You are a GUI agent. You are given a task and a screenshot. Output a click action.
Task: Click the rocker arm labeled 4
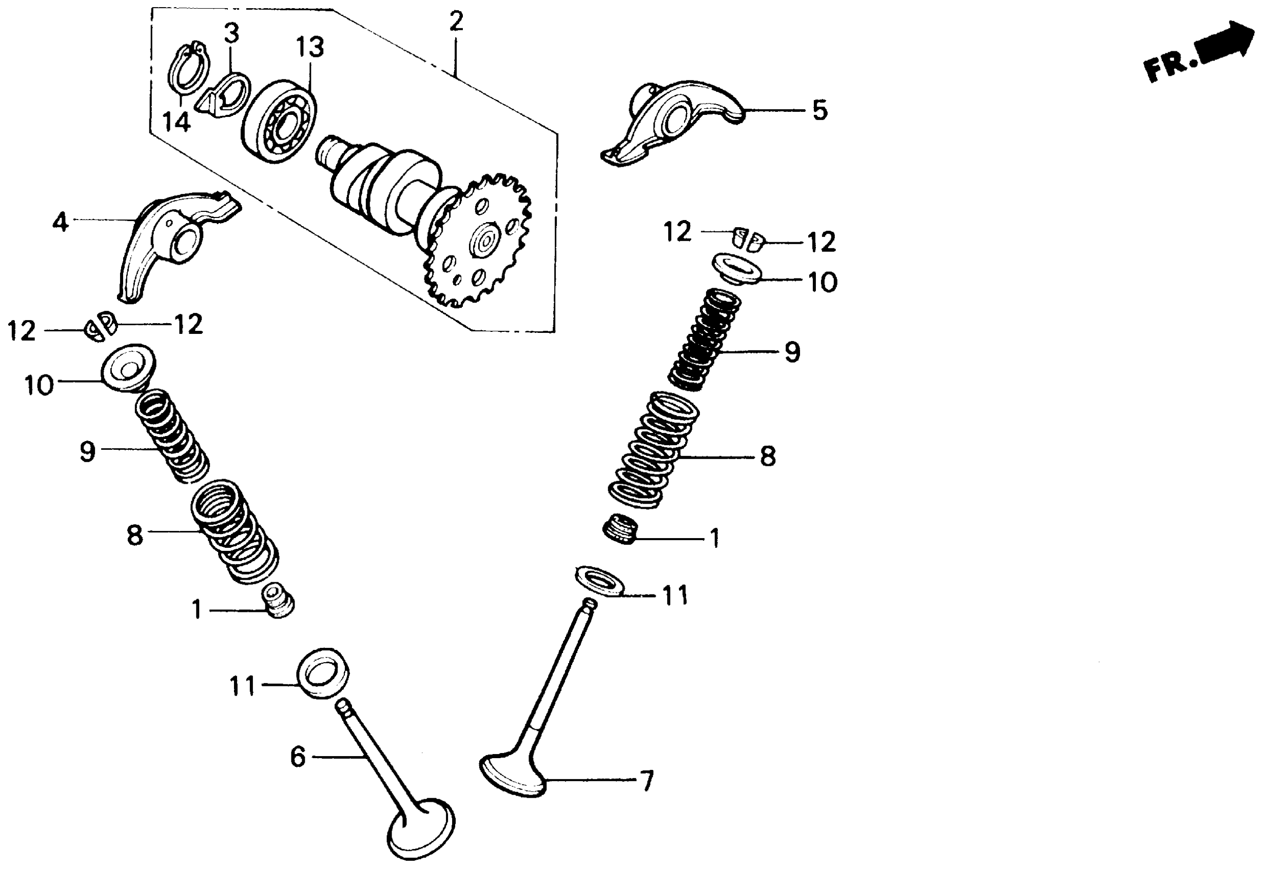coord(169,241)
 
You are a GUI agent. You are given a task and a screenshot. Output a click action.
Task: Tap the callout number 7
coord(646,781)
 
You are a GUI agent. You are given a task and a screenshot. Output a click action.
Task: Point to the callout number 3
coord(232,34)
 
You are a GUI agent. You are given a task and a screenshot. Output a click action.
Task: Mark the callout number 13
coord(310,48)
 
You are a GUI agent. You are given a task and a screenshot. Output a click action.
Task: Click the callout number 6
coord(298,757)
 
